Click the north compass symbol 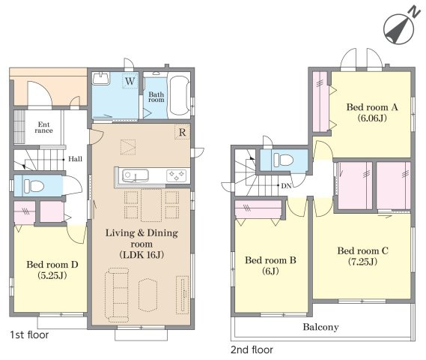[x=400, y=27]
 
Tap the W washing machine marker [x=130, y=81]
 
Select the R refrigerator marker [x=182, y=132]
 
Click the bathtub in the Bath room [x=180, y=95]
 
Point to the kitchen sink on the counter [x=136, y=175]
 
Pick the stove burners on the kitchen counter [x=177, y=175]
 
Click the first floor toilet [x=34, y=186]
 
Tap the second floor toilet [x=283, y=160]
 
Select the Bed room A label [x=372, y=107]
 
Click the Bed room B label [x=270, y=260]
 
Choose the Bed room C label [x=362, y=250]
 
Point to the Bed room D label [x=52, y=264]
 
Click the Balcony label [x=321, y=327]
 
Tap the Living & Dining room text [x=142, y=238]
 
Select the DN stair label [x=286, y=186]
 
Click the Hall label [x=76, y=159]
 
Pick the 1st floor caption [x=29, y=334]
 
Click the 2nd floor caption [x=252, y=349]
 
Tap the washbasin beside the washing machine [x=101, y=78]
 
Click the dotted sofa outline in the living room [x=117, y=295]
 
